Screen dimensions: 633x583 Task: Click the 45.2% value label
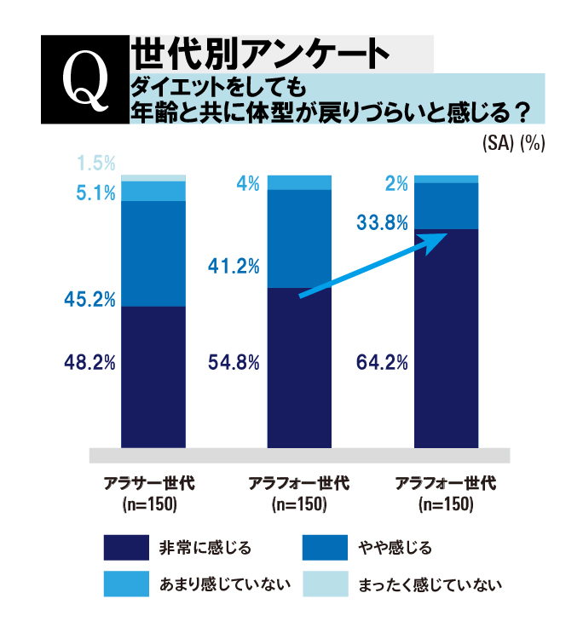coord(89,298)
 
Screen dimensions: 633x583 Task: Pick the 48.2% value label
coord(89,363)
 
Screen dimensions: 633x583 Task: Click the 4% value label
coord(248,182)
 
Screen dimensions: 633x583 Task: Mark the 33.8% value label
coord(383,224)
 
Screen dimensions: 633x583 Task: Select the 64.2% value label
coord(381,363)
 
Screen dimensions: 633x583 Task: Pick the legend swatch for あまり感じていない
coord(126,584)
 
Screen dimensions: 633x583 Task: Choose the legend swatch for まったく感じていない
coord(325,584)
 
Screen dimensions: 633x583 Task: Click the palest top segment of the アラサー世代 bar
coord(153,178)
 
